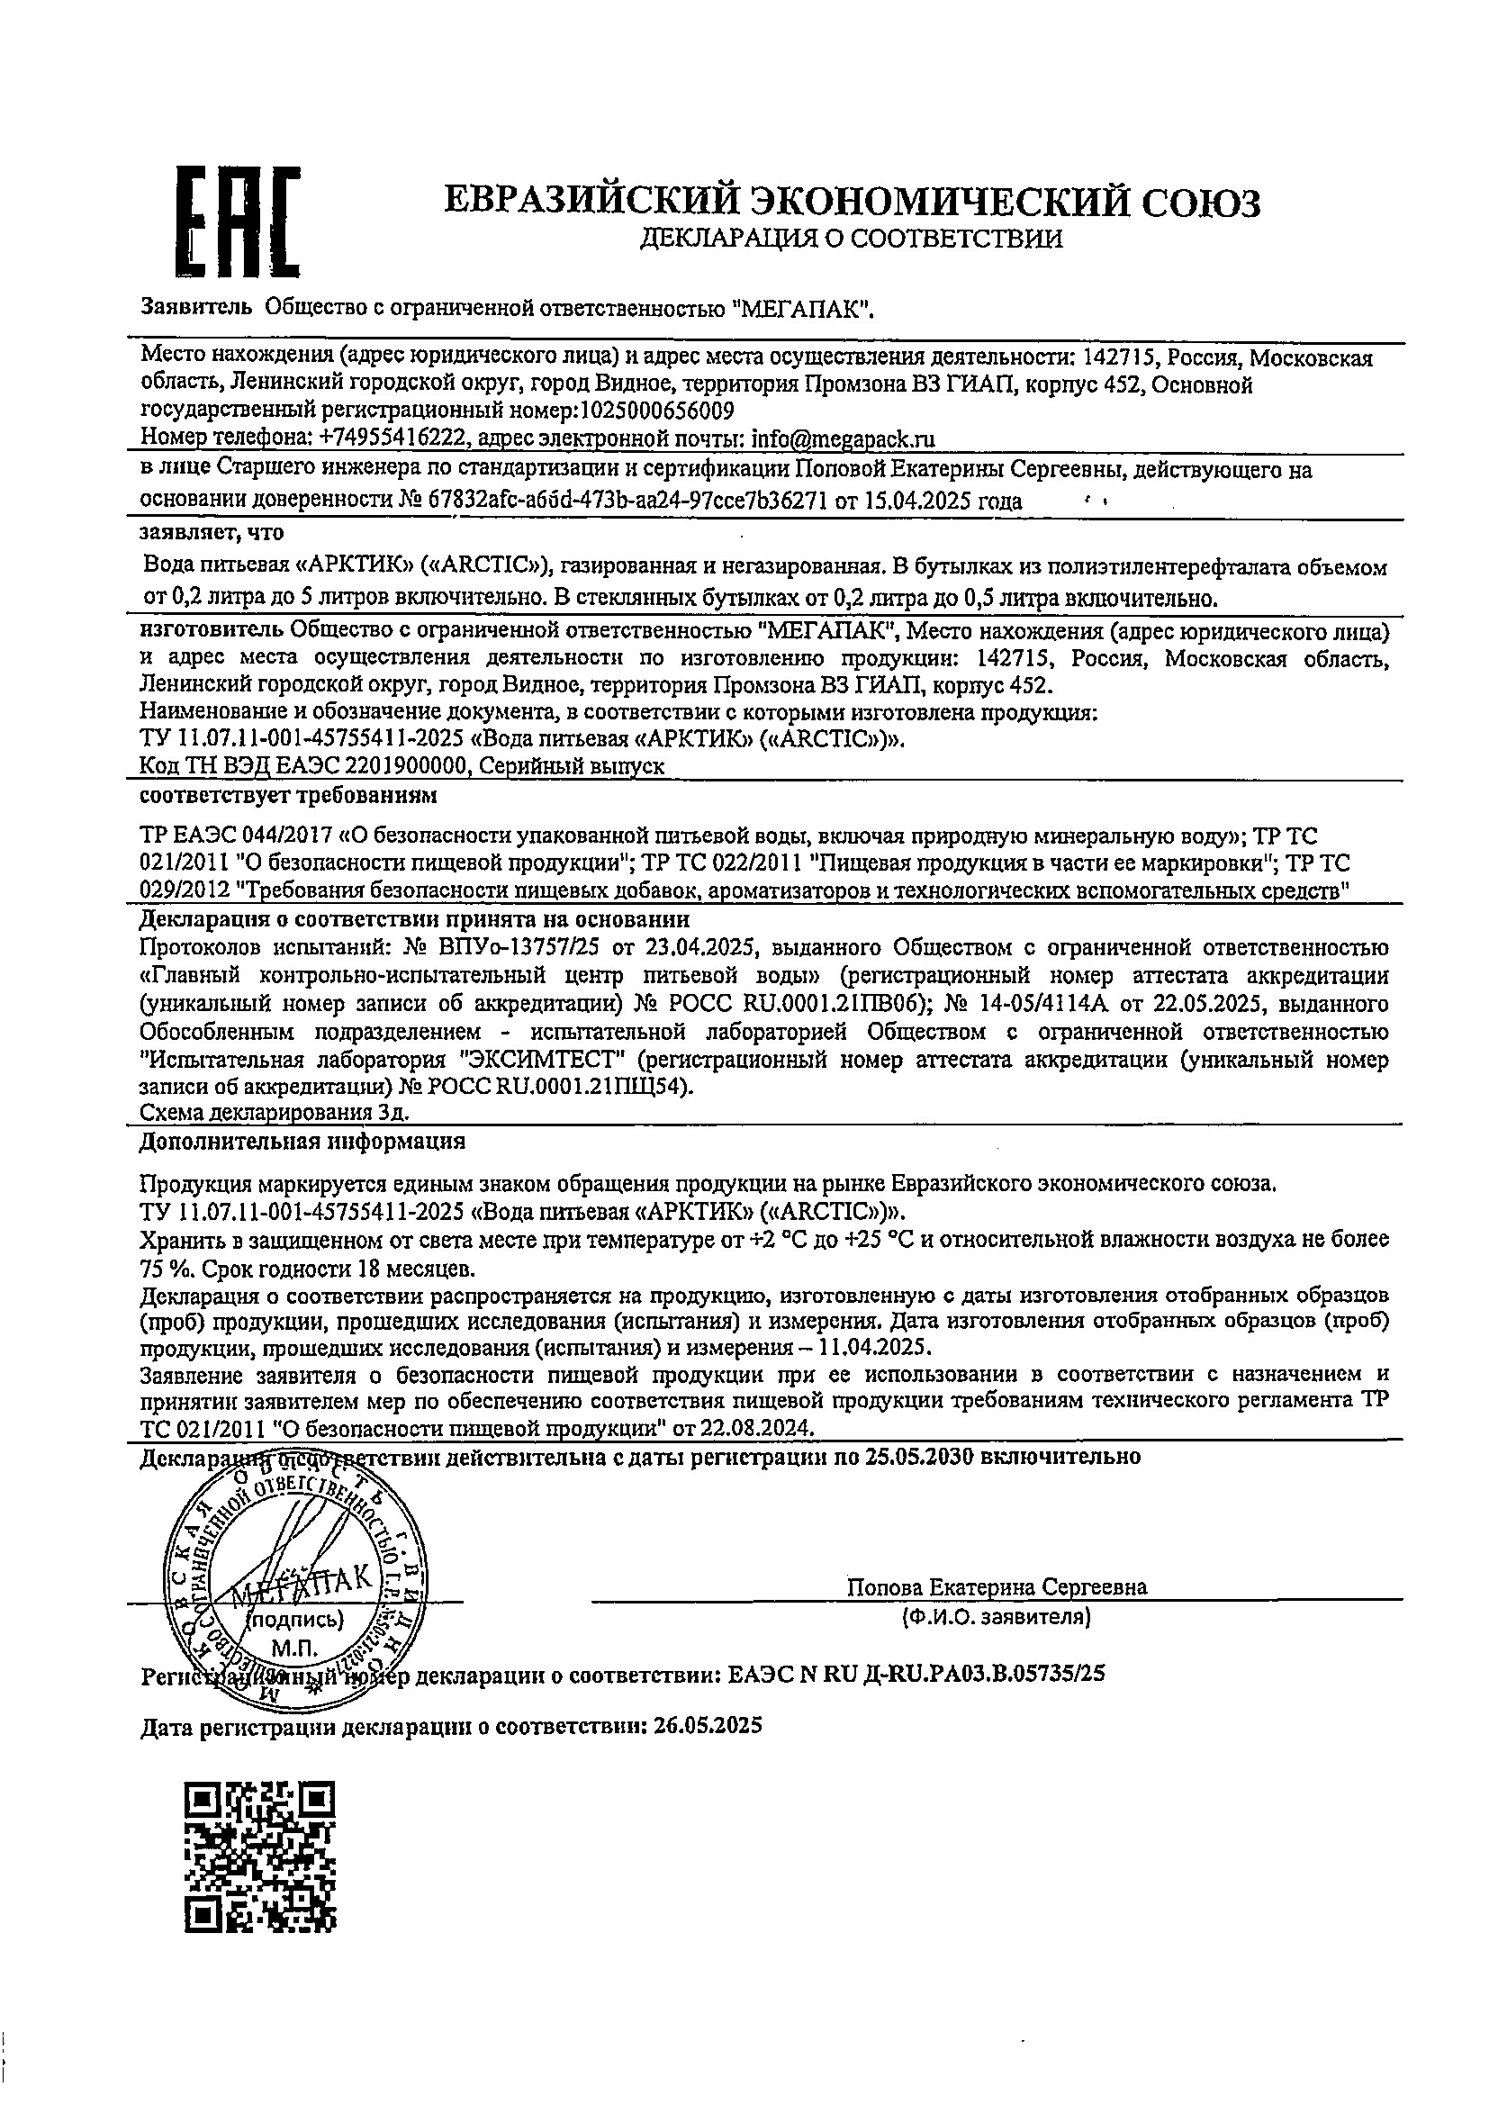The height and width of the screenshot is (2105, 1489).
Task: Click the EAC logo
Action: (239, 221)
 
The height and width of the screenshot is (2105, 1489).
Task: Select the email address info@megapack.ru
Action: (843, 439)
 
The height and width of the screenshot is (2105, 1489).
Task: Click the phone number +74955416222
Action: (393, 439)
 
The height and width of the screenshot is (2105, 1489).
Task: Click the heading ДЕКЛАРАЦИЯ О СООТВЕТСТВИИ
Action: (852, 239)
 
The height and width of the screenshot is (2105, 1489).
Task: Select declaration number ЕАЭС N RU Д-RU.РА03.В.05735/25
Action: (916, 1673)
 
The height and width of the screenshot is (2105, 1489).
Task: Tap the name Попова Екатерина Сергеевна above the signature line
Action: (997, 1586)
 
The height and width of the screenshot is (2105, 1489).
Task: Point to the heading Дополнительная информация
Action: (302, 1142)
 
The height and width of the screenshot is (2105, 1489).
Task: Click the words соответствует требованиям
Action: (288, 795)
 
